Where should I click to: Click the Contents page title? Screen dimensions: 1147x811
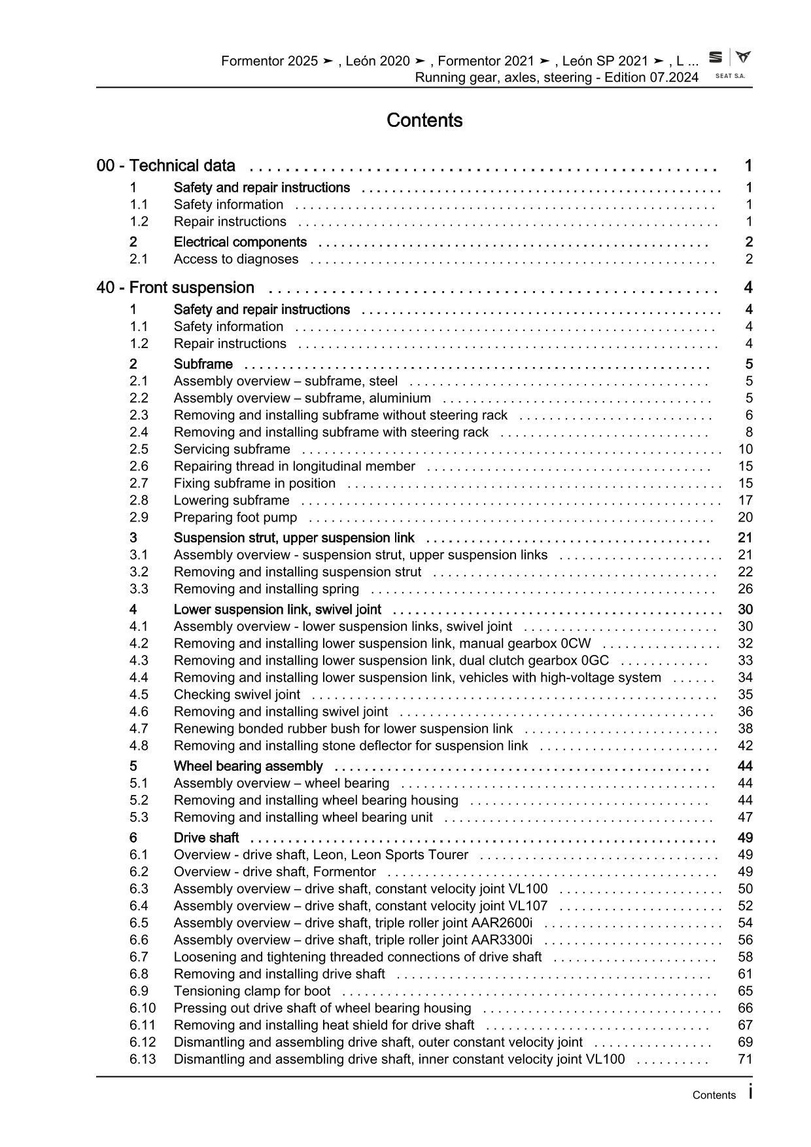coord(424,120)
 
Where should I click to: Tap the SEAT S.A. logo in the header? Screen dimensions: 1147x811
coord(730,64)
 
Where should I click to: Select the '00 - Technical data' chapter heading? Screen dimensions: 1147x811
coord(166,166)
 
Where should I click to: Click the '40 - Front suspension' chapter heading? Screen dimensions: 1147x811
coord(175,288)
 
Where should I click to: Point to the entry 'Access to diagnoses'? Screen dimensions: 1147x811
coord(235,259)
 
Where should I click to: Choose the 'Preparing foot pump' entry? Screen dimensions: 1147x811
coord(235,518)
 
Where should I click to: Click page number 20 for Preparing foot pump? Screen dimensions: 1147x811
coord(745,518)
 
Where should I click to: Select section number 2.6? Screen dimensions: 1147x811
coord(139,467)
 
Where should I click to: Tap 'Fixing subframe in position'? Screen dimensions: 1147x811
coord(254,484)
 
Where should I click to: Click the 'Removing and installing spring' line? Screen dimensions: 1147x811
coord(266,589)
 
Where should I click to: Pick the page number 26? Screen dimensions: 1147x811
coord(745,589)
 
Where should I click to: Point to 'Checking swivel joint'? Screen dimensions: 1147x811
coord(237,695)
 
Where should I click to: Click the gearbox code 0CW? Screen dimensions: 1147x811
coord(576,644)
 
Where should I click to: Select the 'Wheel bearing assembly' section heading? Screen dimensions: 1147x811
coord(248,766)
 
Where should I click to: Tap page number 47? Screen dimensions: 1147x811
coord(745,817)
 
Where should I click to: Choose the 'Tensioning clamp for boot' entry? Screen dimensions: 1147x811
coord(252,991)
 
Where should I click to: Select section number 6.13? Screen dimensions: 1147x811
coord(143,1059)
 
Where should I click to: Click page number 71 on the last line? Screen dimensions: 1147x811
coord(745,1059)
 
